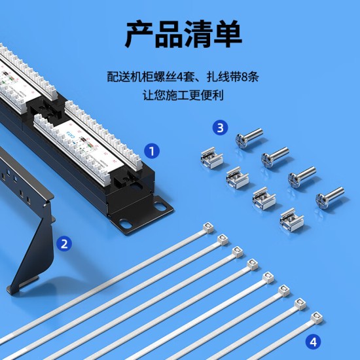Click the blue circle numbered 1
pos(152,151)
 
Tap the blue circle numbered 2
pos(64,243)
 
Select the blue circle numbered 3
pos(220,128)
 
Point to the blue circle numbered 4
pos(314,342)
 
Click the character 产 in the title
pos(139,34)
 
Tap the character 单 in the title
pos(228,34)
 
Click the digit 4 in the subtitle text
pos(181,77)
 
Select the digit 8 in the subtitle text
pos(244,77)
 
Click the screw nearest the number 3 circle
pos(249,137)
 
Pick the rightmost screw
pos(330,198)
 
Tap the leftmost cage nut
pos(211,158)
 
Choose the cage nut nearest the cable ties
pos(291,219)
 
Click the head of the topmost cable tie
pos(208,228)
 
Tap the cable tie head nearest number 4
pos(317,317)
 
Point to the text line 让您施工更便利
pos(183,96)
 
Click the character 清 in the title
pos(198,34)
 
